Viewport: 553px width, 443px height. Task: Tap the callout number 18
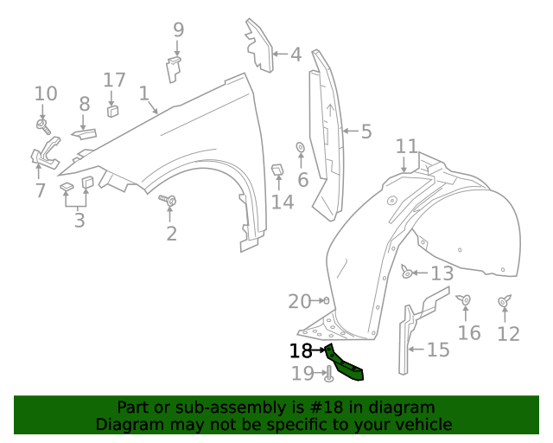coord(301,351)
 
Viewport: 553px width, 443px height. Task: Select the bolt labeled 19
coord(329,375)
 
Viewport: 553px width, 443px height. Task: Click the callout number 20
coord(299,301)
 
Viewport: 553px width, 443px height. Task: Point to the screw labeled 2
coord(170,202)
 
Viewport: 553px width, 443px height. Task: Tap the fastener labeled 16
coord(466,300)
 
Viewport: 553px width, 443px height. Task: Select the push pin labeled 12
coord(505,302)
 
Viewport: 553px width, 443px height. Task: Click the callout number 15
coord(438,350)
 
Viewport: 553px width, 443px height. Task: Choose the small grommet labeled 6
coord(300,147)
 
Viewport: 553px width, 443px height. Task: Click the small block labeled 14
coord(278,170)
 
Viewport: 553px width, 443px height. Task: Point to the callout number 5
coord(365,132)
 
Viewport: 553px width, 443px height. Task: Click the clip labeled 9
coord(175,66)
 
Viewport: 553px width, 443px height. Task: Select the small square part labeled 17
coord(112,110)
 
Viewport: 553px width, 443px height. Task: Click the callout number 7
coord(40,189)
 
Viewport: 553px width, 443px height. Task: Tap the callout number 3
coord(79,220)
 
